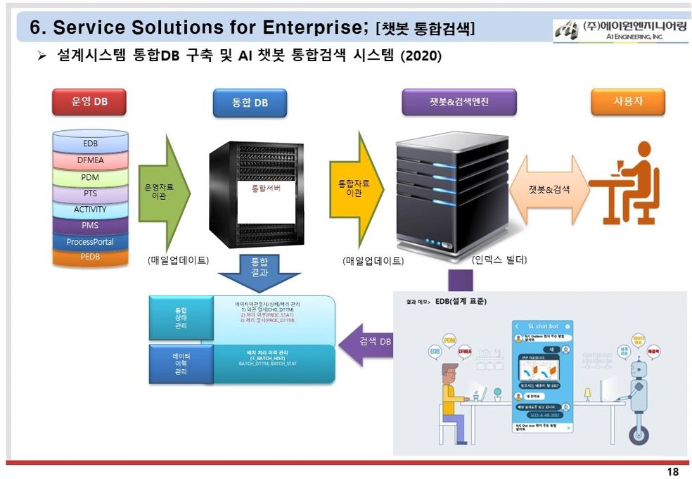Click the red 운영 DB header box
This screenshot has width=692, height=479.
click(x=89, y=102)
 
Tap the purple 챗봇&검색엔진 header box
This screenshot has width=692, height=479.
click(x=459, y=102)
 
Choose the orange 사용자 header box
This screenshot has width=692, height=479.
click(x=627, y=102)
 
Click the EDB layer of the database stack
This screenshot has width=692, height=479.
click(x=90, y=143)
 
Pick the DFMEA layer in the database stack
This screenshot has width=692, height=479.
click(x=90, y=160)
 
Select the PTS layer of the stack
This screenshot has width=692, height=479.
click(x=90, y=193)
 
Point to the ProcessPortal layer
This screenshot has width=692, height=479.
click(x=90, y=242)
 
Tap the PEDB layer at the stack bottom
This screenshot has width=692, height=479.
click(x=90, y=257)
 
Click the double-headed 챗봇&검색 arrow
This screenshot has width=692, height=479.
click(x=549, y=190)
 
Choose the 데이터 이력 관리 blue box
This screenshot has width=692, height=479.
click(x=181, y=364)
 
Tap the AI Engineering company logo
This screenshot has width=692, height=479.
click(x=620, y=30)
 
